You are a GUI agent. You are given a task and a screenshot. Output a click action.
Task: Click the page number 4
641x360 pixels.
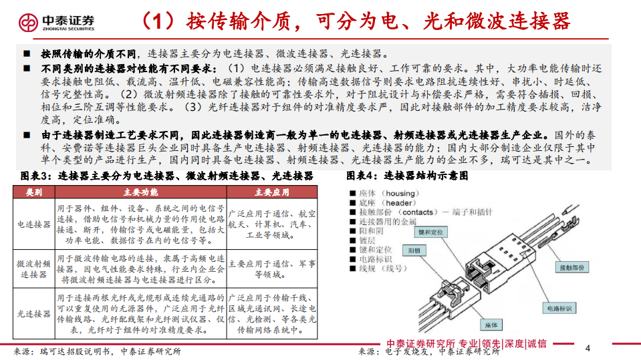point(588,348)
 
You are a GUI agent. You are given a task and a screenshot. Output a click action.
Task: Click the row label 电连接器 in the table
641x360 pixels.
point(33,224)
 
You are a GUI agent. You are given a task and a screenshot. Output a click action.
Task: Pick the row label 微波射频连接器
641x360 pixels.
point(33,269)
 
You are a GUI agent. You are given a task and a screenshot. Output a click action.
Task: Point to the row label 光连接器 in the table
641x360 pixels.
point(33,313)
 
